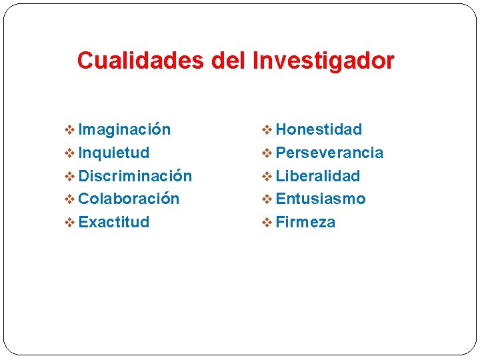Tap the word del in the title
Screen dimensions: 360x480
coord(229,61)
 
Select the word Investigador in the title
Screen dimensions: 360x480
coord(323,61)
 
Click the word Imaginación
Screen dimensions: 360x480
coord(125,129)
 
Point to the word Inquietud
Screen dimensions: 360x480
coord(114,153)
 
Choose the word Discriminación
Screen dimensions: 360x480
coord(135,176)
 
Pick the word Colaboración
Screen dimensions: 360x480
coord(129,199)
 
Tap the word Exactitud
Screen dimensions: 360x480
coord(114,222)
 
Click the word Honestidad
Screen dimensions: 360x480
coord(319,129)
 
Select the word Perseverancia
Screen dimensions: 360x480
coord(329,153)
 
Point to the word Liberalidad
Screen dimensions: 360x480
coord(317,176)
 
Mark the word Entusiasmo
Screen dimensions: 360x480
coord(321,199)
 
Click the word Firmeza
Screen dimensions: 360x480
coord(305,222)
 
